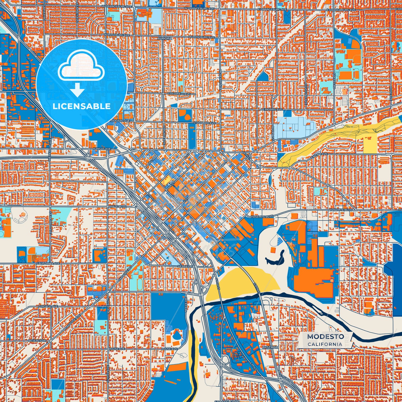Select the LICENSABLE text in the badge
click(x=82, y=106)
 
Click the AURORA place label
click(x=165, y=38)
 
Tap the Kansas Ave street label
click(x=102, y=149)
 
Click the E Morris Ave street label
click(x=272, y=110)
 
